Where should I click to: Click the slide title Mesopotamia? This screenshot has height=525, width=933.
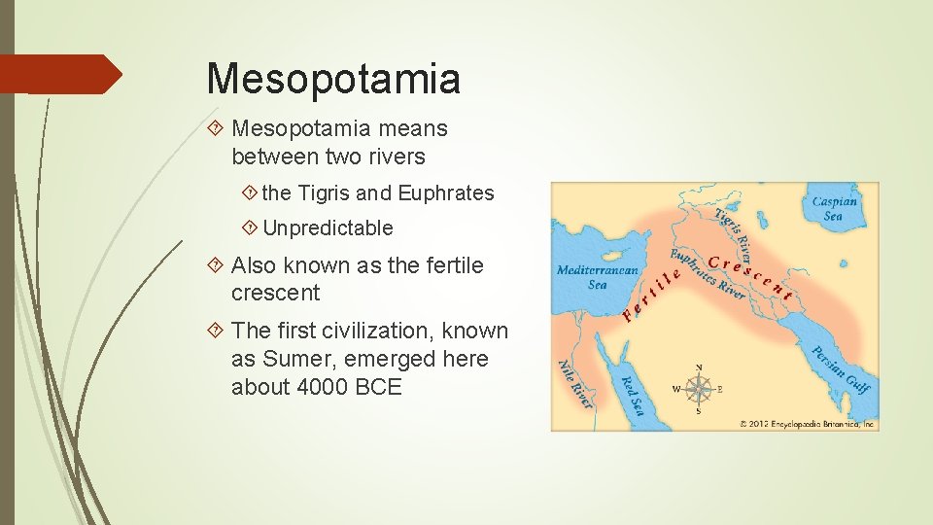[x=333, y=78]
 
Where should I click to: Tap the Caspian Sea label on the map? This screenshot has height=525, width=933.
[x=834, y=208]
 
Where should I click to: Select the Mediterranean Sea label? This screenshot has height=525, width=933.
[x=597, y=277]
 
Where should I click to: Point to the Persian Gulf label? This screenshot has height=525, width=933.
[x=841, y=369]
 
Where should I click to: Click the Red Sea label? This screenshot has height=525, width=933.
[x=632, y=394]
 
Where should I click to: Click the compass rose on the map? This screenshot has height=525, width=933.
[x=698, y=390]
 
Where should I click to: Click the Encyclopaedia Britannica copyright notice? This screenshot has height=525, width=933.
[x=808, y=424]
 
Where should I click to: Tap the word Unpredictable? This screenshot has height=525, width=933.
[x=328, y=228]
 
